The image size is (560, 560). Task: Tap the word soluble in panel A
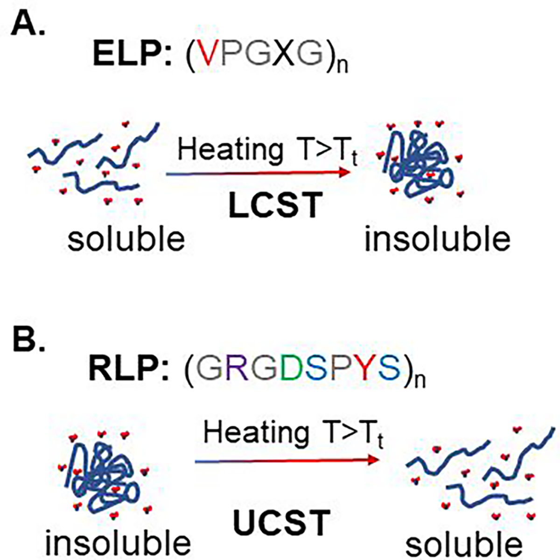point(126,239)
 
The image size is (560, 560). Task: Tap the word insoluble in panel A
point(437,239)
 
